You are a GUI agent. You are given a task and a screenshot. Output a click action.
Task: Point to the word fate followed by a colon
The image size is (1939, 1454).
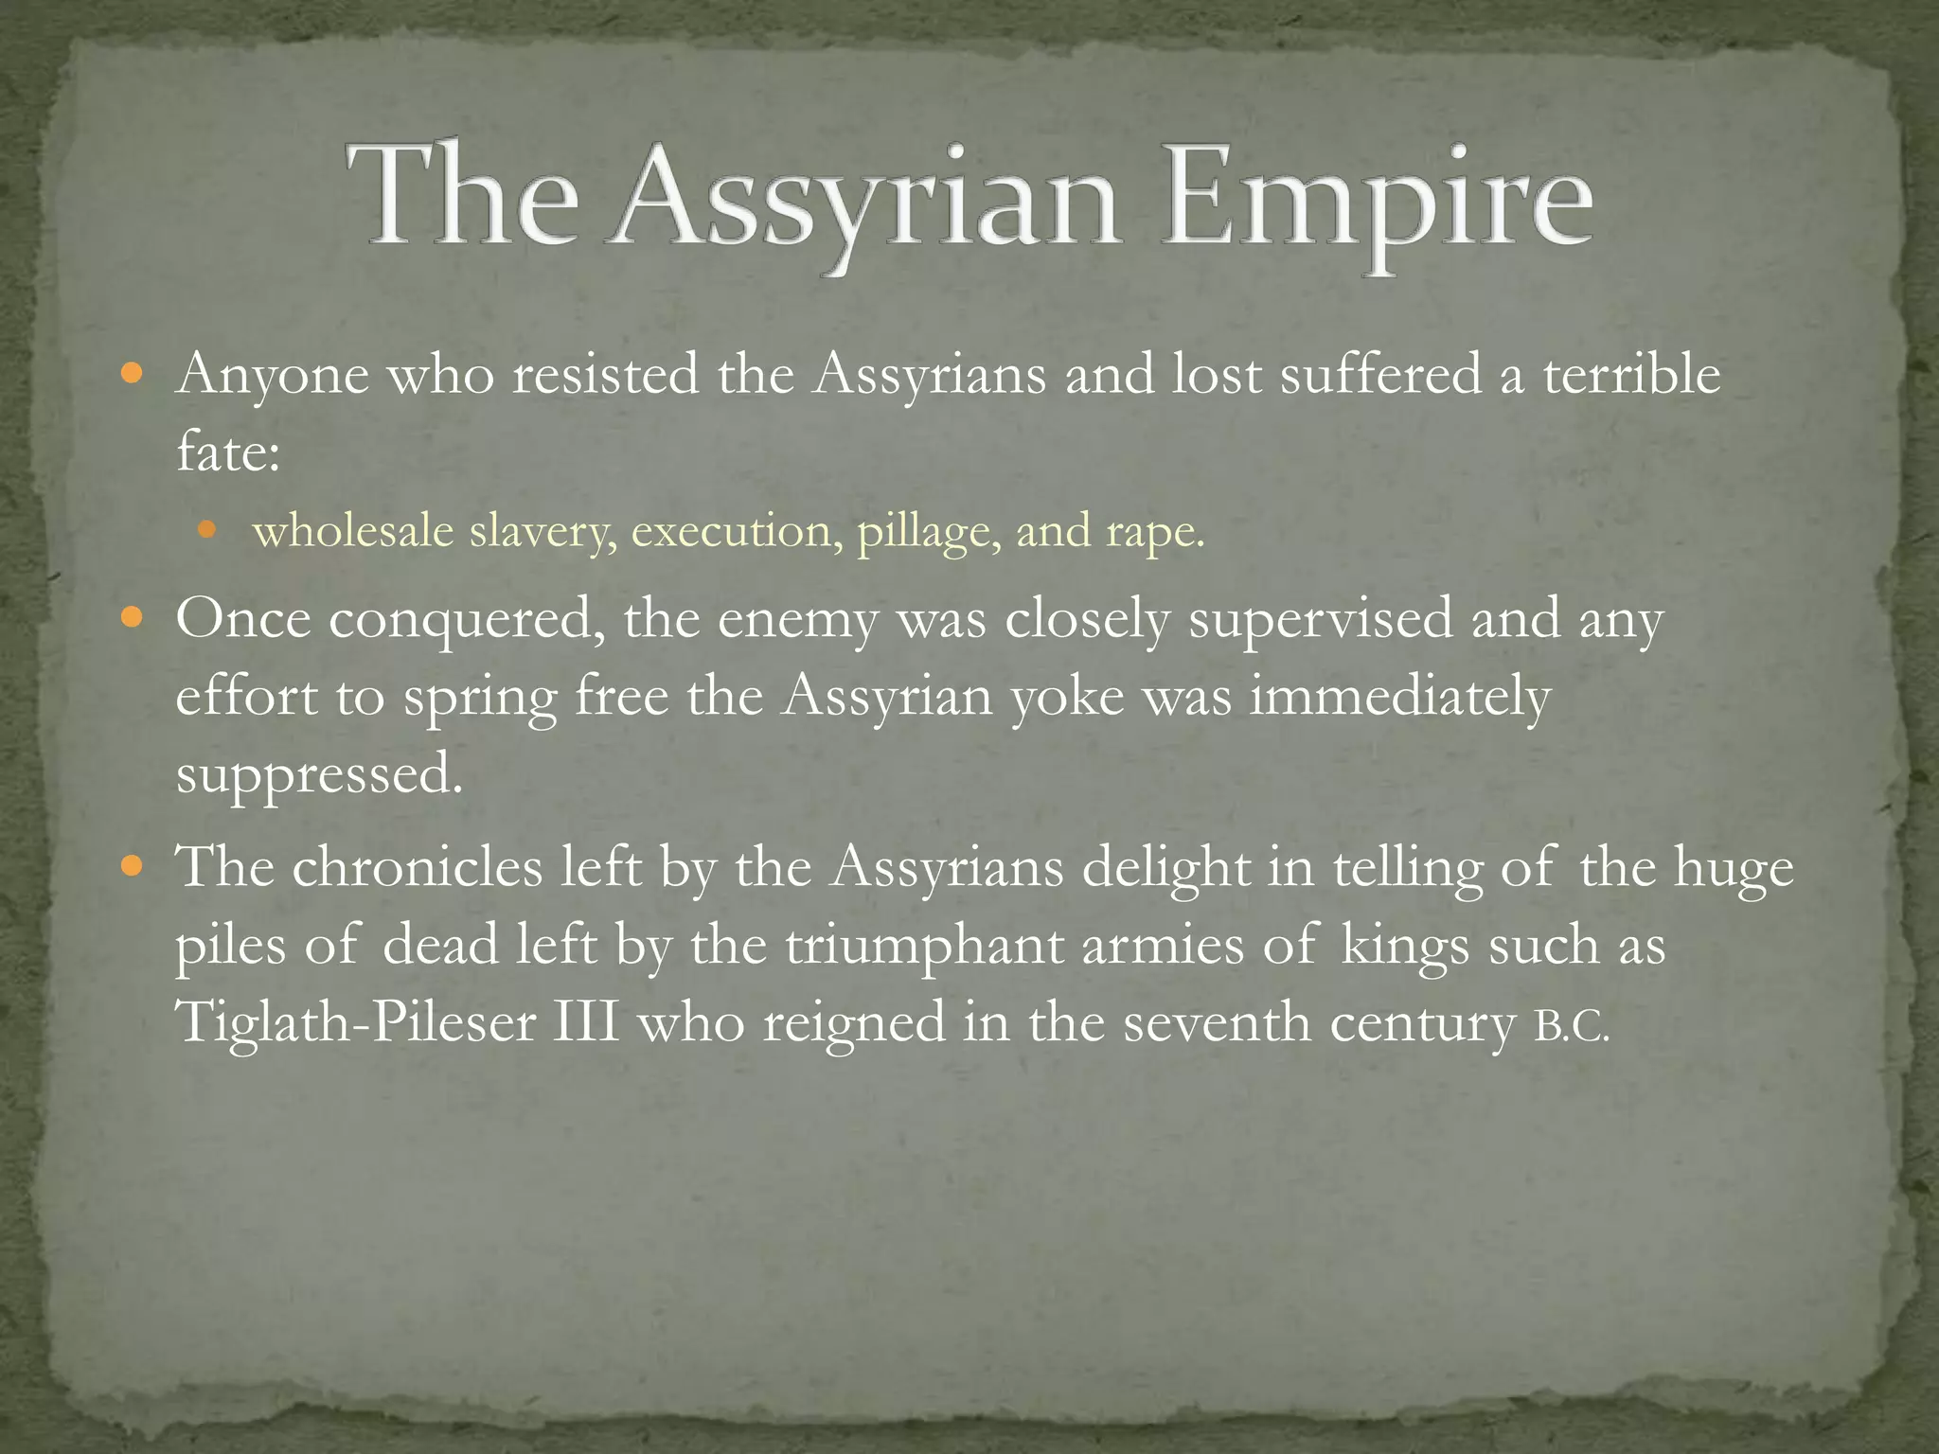227,452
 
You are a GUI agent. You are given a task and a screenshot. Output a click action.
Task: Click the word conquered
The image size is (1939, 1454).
468,621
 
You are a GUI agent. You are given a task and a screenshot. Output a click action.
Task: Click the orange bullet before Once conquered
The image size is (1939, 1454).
133,619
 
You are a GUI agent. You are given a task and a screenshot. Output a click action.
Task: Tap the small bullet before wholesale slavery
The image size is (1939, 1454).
207,529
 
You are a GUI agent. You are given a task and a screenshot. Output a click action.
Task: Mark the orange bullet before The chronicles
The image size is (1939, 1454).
133,865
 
